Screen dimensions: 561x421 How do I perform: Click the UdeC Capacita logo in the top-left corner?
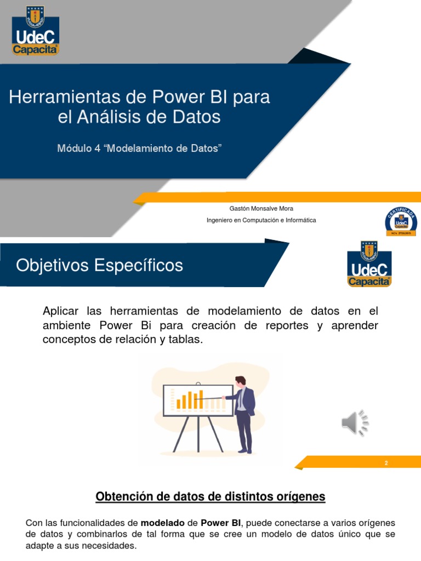(x=36, y=31)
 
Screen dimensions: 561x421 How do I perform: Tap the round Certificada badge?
(x=400, y=221)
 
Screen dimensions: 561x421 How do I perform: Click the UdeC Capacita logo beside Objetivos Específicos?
(x=369, y=264)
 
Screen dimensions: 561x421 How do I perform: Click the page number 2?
(x=386, y=463)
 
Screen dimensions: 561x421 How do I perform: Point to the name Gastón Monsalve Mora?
(x=261, y=209)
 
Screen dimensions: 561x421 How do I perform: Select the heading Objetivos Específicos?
(x=99, y=266)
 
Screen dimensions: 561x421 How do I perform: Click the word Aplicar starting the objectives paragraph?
(x=60, y=311)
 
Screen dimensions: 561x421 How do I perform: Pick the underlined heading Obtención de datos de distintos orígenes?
(x=210, y=497)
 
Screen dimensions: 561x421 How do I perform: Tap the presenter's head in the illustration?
(x=240, y=381)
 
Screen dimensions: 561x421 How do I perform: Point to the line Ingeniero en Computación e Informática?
(x=261, y=220)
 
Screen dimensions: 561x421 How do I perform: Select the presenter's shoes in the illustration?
(x=245, y=451)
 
